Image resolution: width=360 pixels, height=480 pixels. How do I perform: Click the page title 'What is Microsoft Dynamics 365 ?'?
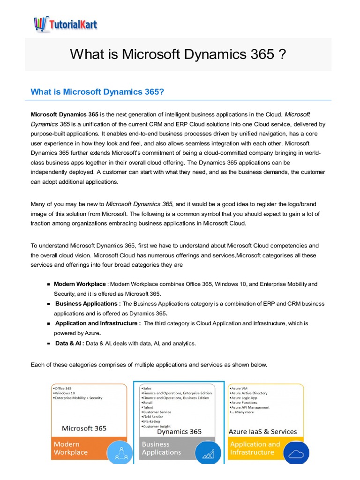[178, 54]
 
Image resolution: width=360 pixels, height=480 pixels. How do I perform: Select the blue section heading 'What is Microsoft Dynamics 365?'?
[97, 91]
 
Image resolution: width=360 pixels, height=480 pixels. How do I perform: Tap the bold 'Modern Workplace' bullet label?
[80, 284]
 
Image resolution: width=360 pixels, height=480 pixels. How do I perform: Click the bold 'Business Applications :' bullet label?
[88, 304]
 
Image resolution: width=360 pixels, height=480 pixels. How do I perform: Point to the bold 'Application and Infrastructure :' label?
[98, 323]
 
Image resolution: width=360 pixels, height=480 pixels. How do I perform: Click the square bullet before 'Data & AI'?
[49, 344]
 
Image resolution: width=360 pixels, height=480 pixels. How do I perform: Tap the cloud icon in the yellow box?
[296, 453]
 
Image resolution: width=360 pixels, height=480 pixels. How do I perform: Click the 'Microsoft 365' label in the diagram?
[84, 428]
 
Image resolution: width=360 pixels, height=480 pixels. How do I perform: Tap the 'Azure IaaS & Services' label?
[262, 431]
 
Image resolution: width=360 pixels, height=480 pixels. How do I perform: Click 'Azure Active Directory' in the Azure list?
[248, 393]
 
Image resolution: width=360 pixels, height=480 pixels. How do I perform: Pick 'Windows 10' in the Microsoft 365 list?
[65, 393]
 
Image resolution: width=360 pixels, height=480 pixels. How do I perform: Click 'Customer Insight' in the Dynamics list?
[157, 426]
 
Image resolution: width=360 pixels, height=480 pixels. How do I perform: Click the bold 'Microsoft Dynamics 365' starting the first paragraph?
[64, 114]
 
